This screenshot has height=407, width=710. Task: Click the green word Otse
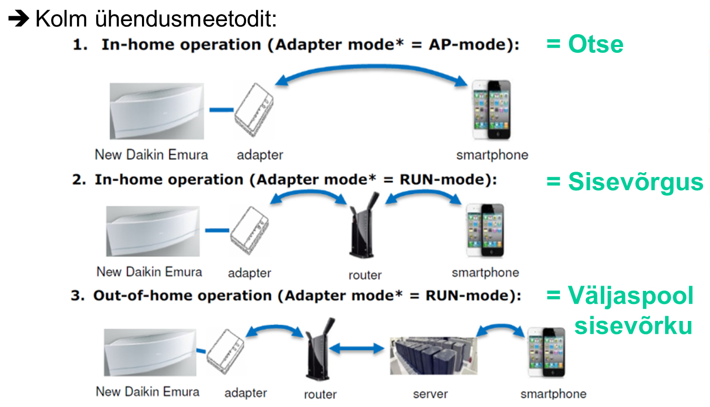[596, 44]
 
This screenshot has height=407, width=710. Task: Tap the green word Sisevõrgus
[636, 182]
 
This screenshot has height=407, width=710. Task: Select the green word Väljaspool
[631, 296]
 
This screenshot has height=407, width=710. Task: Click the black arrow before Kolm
[18, 18]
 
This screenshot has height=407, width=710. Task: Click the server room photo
[433, 356]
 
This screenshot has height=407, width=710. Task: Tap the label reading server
[430, 394]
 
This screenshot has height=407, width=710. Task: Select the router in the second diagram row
[364, 225]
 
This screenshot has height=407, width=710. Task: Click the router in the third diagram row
[319, 349]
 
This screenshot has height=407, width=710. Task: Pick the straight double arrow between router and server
[357, 348]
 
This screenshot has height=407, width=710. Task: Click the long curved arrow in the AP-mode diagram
[371, 67]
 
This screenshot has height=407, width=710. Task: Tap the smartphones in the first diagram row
[491, 110]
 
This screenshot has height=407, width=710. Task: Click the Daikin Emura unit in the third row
[150, 353]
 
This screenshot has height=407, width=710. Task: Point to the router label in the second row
[365, 275]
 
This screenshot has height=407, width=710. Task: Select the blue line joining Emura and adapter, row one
[222, 110]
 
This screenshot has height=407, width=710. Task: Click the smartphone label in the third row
[553, 394]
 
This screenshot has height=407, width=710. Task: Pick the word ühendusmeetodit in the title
[186, 18]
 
